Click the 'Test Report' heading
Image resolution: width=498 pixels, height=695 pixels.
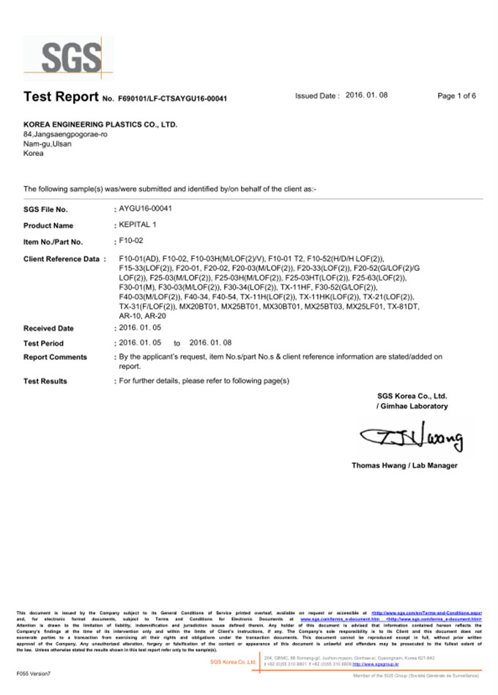pyautogui.click(x=61, y=97)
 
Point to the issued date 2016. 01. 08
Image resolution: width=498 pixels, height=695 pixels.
pyautogui.click(x=366, y=96)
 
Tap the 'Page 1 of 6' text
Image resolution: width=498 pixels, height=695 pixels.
pyautogui.click(x=456, y=96)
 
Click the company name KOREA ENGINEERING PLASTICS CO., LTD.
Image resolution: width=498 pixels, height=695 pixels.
pyautogui.click(x=100, y=124)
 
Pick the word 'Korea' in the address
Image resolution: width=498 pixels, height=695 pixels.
pyautogui.click(x=34, y=153)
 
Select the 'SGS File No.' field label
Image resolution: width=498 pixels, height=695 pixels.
pyautogui.click(x=45, y=210)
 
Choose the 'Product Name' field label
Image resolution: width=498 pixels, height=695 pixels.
pyautogui.click(x=48, y=226)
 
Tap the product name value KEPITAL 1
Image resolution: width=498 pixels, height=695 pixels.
pyautogui.click(x=138, y=225)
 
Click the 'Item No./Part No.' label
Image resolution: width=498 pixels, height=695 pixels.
pyautogui.click(x=53, y=242)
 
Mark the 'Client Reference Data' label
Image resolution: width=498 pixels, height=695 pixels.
pyautogui.click(x=61, y=260)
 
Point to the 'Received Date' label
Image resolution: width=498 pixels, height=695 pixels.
pyautogui.click(x=48, y=328)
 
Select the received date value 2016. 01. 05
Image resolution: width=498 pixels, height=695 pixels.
pyautogui.click(x=141, y=328)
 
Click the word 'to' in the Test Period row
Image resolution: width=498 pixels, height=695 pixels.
pyautogui.click(x=176, y=343)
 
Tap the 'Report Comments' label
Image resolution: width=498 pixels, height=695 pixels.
pyautogui.click(x=55, y=357)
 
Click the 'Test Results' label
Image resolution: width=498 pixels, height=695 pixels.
pyautogui.click(x=45, y=381)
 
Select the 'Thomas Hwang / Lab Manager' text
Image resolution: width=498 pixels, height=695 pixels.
pyautogui.click(x=404, y=465)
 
